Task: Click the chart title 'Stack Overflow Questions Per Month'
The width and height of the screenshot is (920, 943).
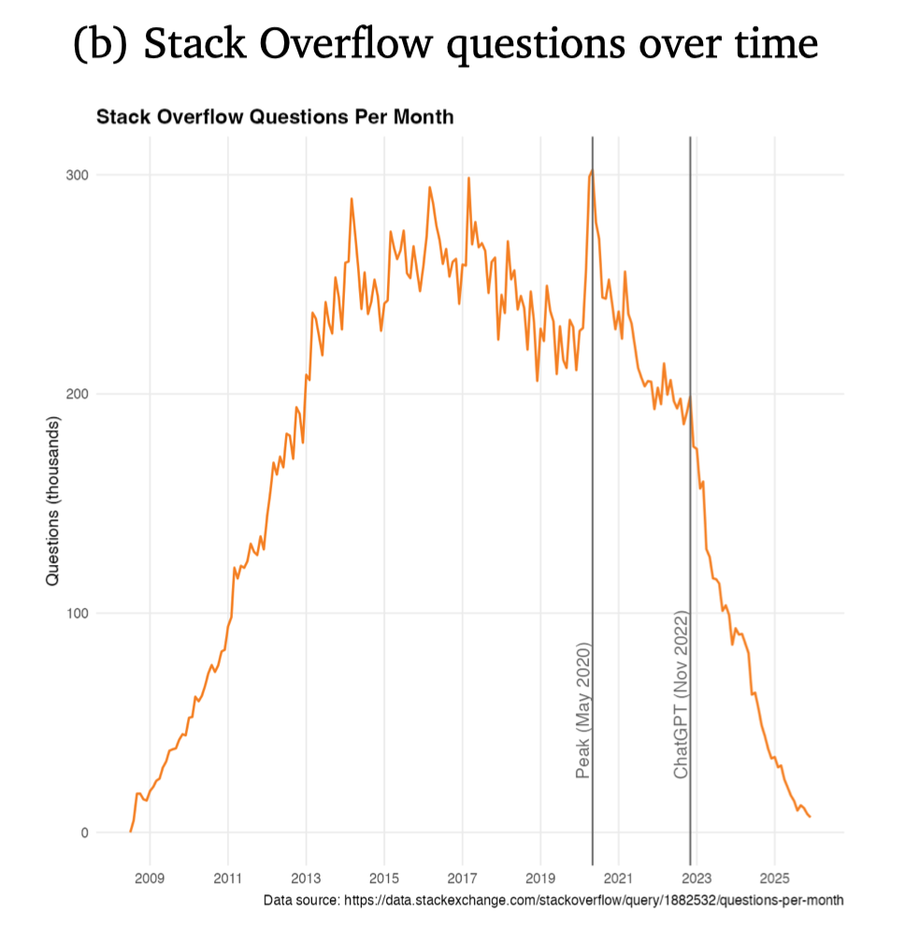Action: tap(274, 118)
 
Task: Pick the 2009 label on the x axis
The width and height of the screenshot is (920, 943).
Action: tap(150, 878)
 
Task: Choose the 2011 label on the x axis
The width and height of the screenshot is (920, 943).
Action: tap(228, 878)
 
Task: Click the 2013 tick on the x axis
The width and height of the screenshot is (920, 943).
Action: tap(306, 878)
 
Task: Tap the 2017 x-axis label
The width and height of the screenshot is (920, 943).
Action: tap(462, 878)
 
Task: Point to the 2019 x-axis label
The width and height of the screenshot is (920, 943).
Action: tap(540, 878)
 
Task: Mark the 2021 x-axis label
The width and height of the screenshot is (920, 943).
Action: tap(618, 878)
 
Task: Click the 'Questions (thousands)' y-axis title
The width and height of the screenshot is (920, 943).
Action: tap(52, 503)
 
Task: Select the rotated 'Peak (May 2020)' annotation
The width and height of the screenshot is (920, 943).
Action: tap(582, 710)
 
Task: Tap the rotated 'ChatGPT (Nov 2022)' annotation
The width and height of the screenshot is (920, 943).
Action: tap(681, 694)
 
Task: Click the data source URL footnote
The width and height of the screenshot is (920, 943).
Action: tap(553, 900)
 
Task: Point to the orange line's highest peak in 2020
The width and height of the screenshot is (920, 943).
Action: tap(592, 170)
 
